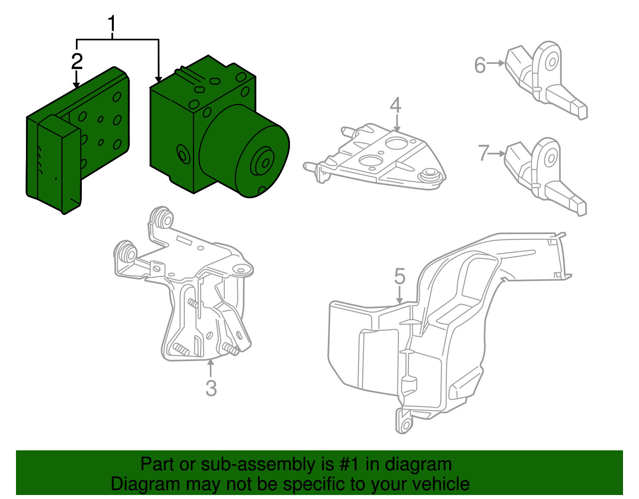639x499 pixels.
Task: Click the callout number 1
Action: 112,24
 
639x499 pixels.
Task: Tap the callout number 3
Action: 211,388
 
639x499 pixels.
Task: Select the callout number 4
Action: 395,105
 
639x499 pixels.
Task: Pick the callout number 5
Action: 400,276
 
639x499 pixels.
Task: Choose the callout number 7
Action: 484,153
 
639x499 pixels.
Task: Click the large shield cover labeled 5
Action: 439,340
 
